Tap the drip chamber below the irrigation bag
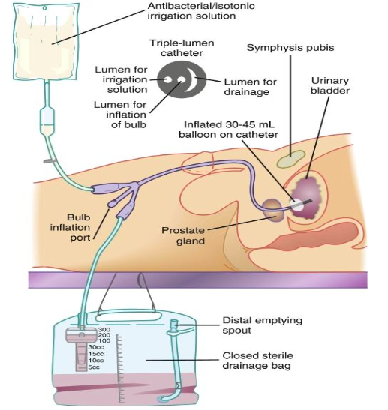46,119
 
